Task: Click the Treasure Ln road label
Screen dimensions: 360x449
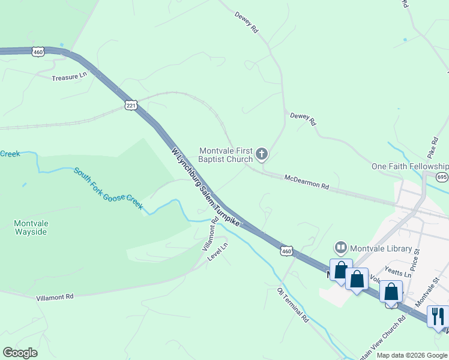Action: click(x=70, y=78)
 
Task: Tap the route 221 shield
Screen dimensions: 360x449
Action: click(x=131, y=105)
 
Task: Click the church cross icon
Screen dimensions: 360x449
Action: click(x=261, y=155)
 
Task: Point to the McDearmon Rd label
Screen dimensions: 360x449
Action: click(x=307, y=182)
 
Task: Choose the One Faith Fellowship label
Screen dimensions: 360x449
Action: click(x=409, y=166)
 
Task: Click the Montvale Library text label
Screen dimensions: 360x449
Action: click(x=381, y=248)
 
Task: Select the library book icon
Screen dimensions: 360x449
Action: click(x=341, y=247)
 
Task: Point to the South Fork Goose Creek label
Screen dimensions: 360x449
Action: click(x=109, y=188)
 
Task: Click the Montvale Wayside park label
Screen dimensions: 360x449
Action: click(x=30, y=227)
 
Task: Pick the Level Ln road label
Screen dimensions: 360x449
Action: click(x=218, y=251)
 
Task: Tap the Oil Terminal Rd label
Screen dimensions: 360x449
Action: click(x=292, y=304)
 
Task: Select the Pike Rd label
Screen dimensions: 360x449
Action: click(x=434, y=147)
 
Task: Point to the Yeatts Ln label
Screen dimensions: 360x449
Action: click(x=399, y=274)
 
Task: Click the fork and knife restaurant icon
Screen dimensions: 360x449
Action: click(x=437, y=315)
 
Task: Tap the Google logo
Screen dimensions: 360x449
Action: click(x=20, y=353)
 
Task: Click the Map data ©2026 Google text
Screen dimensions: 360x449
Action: click(x=412, y=355)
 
